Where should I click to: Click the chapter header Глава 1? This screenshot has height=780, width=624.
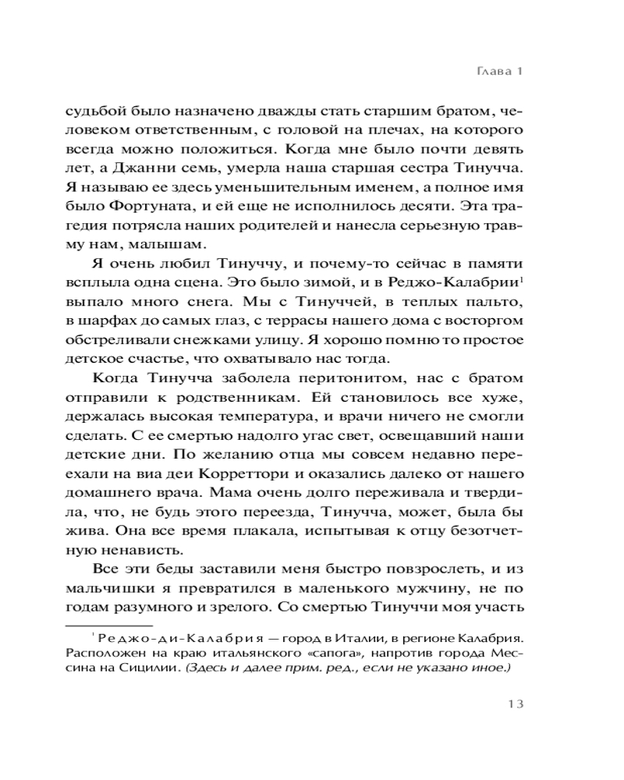[497, 71]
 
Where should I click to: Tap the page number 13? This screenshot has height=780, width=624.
[508, 704]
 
